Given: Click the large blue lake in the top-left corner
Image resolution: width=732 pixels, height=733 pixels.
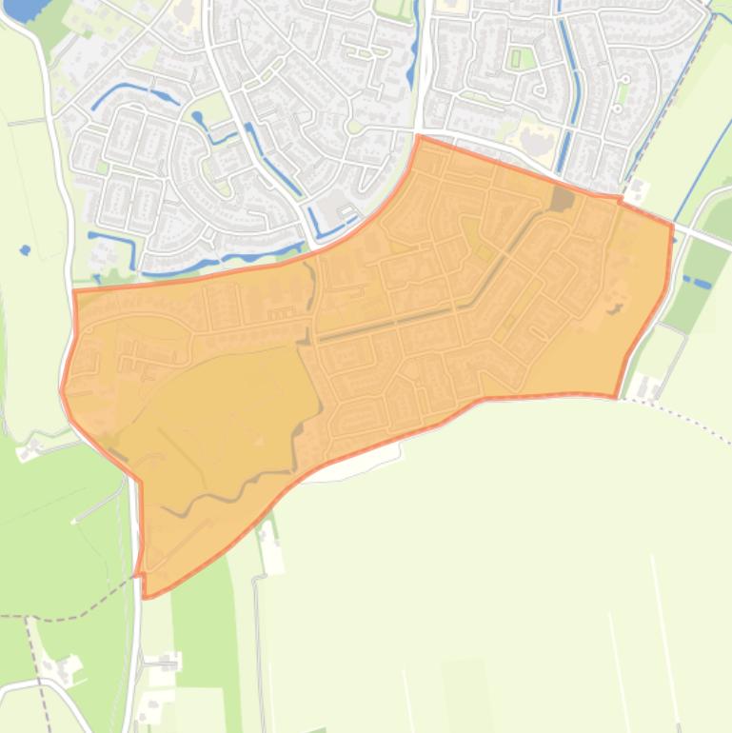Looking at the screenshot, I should tap(19, 9).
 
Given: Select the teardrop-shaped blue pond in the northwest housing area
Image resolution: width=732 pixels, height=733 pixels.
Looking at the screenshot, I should tap(199, 119).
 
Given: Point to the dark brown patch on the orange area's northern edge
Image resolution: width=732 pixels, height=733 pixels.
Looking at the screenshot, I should tap(562, 199).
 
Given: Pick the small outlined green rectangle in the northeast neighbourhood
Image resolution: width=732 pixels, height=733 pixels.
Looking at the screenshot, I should tap(516, 58).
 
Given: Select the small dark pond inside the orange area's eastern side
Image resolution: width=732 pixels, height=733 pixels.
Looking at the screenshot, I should tap(615, 307).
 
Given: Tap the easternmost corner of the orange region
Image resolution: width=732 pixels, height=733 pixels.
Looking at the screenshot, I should tap(672, 227).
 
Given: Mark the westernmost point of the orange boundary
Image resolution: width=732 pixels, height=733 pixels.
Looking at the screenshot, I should tap(62, 389).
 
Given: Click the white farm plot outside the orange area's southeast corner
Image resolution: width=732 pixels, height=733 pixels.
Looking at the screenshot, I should tap(648, 386).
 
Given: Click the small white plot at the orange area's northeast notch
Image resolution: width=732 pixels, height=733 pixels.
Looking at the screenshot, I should tap(636, 190).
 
